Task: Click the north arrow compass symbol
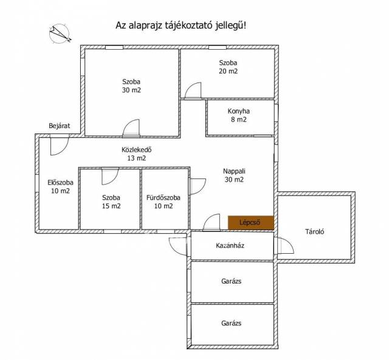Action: click(x=60, y=34)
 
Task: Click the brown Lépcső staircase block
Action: click(x=251, y=222)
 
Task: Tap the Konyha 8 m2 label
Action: click(x=239, y=115)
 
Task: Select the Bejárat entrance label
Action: click(x=60, y=126)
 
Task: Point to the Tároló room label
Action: click(x=315, y=232)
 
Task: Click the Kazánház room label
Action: click(x=230, y=245)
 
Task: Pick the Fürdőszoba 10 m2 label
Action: click(x=164, y=202)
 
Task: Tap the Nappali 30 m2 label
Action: click(x=234, y=175)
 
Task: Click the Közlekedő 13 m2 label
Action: click(x=136, y=154)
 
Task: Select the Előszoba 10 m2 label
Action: click(x=60, y=186)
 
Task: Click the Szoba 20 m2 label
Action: click(x=229, y=67)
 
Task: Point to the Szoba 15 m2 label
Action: click(x=111, y=202)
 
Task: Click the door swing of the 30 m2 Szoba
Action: click(x=131, y=128)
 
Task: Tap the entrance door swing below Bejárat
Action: click(x=59, y=146)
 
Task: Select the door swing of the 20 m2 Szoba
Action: click(x=193, y=90)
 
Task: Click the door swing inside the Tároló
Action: click(x=286, y=245)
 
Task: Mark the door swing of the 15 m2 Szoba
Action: click(x=110, y=177)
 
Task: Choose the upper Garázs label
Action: click(x=231, y=281)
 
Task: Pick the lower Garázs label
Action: click(x=231, y=323)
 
